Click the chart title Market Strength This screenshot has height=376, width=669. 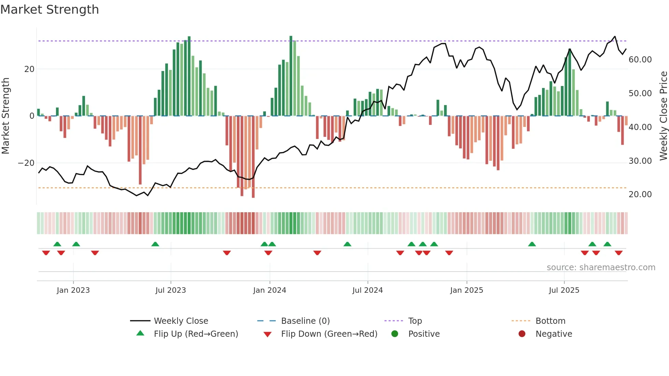49,10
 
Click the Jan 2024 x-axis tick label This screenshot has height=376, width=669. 269,290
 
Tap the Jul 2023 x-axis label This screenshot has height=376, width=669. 170,290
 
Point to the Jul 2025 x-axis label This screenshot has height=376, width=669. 564,290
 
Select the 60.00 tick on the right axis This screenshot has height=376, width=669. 640,60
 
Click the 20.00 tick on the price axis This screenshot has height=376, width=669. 640,194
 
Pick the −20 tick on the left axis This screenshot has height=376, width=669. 26,163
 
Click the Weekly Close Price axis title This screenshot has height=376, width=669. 663,116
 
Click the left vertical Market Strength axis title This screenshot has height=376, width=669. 5,116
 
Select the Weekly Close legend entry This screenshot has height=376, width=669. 181,321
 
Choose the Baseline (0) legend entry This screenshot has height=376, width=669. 305,321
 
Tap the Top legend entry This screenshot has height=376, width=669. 415,321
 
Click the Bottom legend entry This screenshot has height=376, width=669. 550,321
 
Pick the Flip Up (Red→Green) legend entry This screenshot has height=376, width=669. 196,334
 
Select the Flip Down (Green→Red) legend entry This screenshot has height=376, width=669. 329,334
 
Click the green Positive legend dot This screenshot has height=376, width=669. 395,334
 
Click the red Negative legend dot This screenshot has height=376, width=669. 522,334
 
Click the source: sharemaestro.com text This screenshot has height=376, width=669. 601,267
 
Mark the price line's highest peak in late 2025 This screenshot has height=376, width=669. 615,37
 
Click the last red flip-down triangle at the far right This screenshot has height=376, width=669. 618,253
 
